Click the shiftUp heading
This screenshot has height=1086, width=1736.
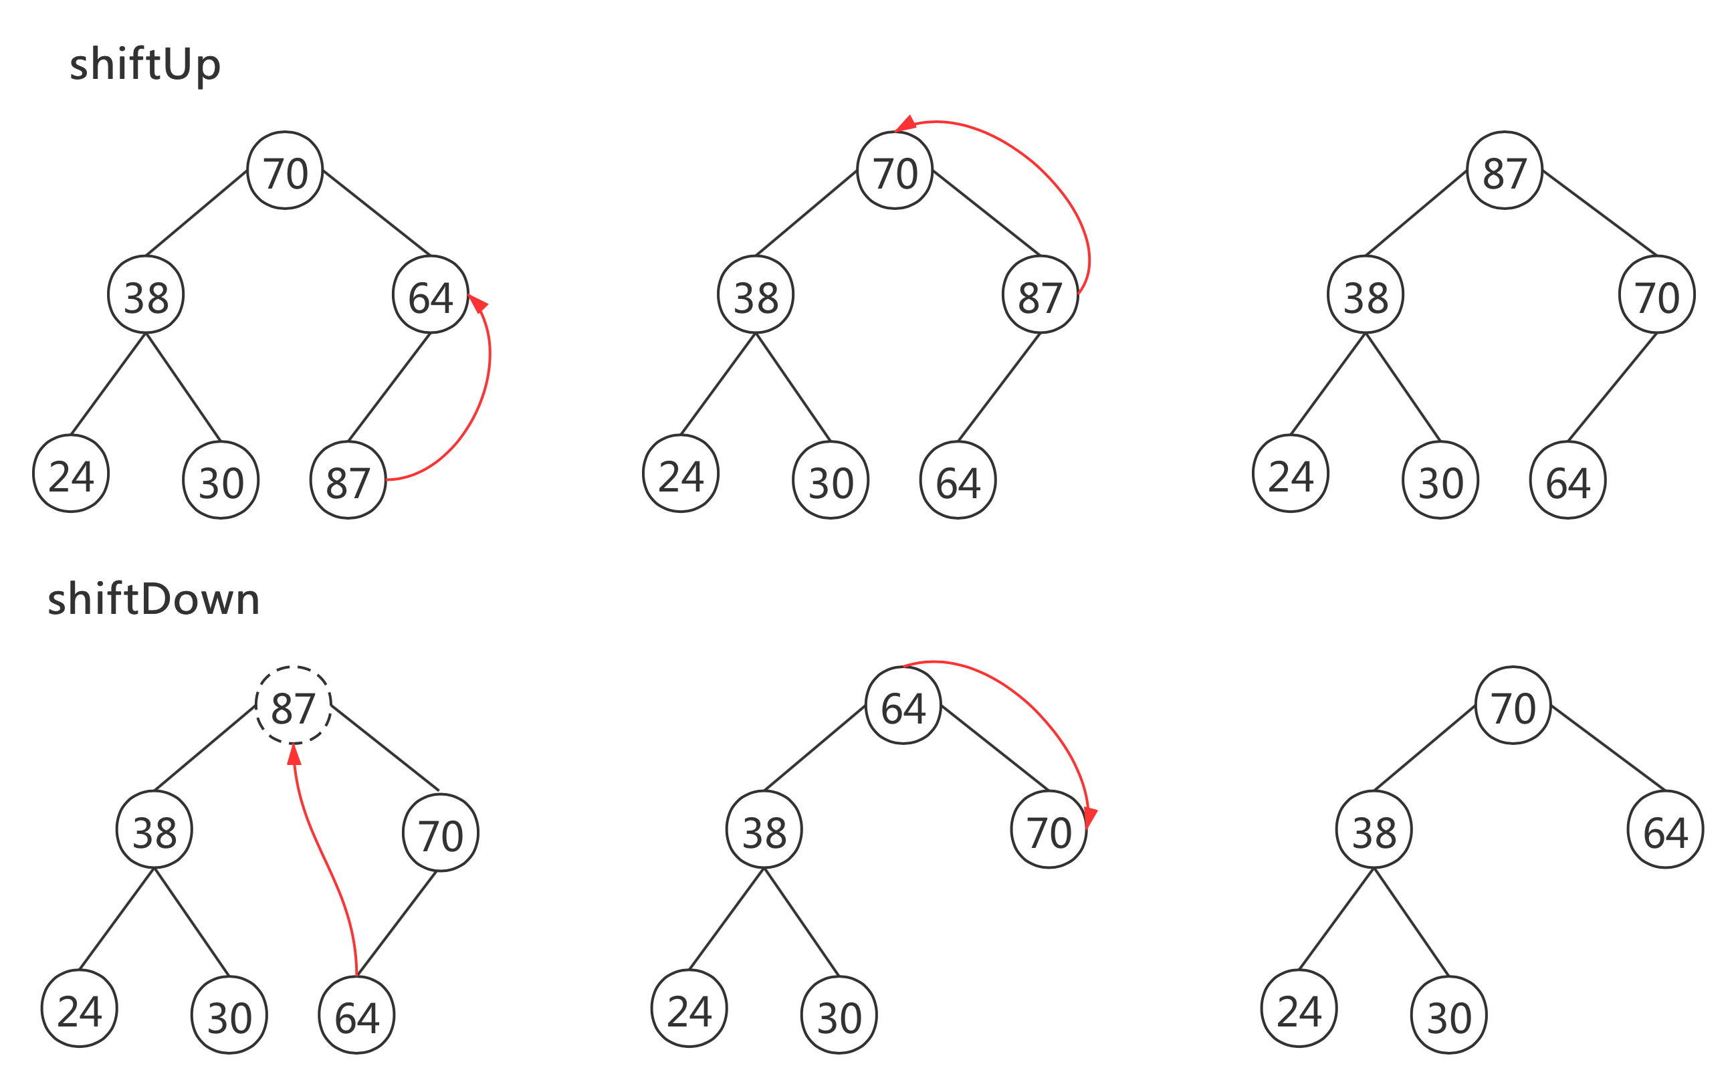coord(144,65)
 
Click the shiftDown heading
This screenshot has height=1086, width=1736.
coord(153,600)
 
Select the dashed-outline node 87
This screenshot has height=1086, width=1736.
coord(294,706)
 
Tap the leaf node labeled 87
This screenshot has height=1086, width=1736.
coord(348,481)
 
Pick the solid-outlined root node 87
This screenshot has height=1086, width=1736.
coord(1504,171)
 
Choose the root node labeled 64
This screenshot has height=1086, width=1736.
coord(903,706)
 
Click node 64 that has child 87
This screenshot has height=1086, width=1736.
coord(430,295)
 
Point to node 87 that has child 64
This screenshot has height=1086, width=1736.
coord(1040,295)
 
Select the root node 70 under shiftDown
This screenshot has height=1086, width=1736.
coord(1513,706)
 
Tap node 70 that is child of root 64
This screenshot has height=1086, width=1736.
coord(1049,831)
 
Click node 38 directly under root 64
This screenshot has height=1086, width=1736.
coord(764,831)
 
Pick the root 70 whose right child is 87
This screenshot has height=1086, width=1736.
coord(895,171)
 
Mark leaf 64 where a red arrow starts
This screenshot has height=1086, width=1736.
coord(357,1015)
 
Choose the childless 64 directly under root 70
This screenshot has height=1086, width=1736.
coord(1666,831)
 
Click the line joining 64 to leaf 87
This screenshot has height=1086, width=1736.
coord(389,388)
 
